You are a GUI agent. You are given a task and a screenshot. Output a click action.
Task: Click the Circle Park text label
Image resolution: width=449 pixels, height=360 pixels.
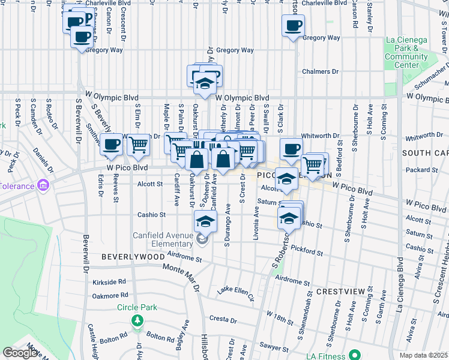tap(137, 307)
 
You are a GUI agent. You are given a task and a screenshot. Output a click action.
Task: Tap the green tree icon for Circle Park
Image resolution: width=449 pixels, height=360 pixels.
tap(137, 319)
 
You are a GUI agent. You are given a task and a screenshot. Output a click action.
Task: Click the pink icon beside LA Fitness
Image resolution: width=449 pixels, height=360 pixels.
tap(355, 354)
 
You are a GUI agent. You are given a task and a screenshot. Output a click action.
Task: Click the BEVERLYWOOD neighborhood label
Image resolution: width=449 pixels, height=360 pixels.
tap(133, 256)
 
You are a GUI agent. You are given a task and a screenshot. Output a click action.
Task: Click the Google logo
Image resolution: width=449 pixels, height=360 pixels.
tap(20, 353)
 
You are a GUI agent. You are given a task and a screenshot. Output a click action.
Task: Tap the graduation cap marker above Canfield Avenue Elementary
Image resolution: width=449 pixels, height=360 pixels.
tap(205, 221)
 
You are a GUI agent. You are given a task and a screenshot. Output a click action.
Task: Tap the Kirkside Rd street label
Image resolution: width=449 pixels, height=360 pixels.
tap(109, 281)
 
